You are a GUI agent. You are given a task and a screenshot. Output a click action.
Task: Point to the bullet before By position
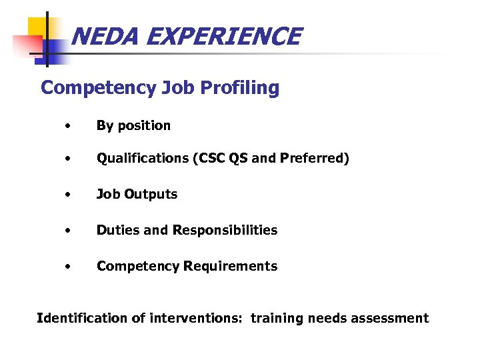[x=67, y=125]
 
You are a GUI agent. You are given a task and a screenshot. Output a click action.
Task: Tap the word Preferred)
[x=315, y=159]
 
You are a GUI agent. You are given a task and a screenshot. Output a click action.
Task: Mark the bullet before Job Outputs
[x=67, y=195]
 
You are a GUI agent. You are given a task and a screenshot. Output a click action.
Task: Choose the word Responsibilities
[x=225, y=230]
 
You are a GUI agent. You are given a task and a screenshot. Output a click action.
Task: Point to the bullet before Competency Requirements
[x=67, y=267]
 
